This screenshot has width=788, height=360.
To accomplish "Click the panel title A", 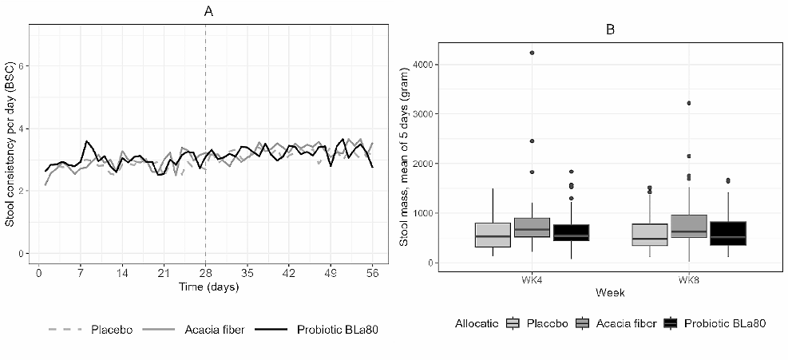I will coord(207,11).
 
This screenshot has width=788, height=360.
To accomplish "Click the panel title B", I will coord(611,30).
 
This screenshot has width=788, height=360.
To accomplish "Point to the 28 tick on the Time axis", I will coord(205,271).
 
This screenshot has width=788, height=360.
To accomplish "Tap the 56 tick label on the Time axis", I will coord(372,271).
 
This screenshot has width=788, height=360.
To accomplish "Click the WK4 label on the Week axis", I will coord(533,279).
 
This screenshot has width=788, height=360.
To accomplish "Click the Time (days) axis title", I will coord(205,285).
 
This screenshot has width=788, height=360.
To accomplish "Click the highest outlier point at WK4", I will coord(533,53).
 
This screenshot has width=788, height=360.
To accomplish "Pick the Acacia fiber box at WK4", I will coord(533,227).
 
